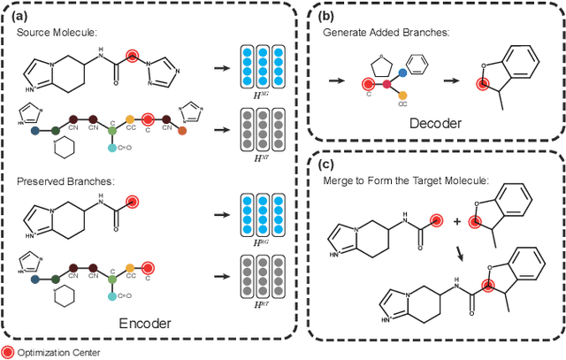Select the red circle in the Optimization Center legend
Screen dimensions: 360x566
coord(8,352)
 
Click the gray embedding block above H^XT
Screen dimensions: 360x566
coord(264,127)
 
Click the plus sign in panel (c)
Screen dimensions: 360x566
coord(457,220)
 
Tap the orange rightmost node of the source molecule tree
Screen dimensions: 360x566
coord(184,130)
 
